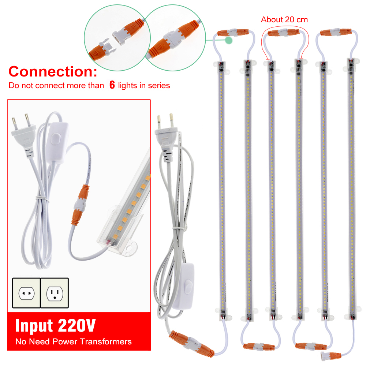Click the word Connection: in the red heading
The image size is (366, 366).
53,71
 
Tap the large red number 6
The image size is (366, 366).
112,85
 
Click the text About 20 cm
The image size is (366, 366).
284,20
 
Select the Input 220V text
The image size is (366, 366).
55,325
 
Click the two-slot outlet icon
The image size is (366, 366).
26,293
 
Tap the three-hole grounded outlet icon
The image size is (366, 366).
55,293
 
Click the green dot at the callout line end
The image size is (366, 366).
229,40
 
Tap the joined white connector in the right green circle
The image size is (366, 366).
172,40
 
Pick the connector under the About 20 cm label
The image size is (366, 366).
283,33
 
